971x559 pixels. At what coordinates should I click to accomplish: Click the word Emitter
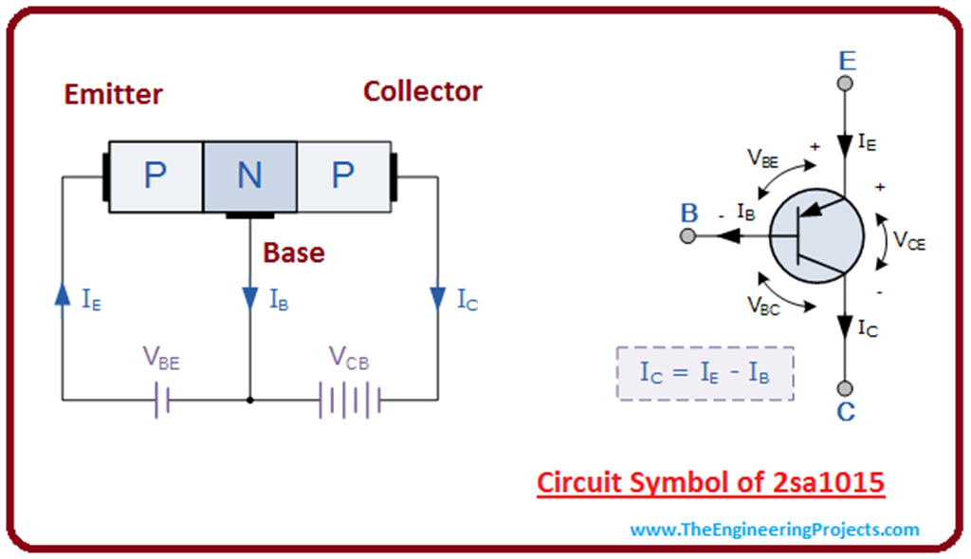[x=113, y=94]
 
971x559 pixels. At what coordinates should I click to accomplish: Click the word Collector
[x=422, y=91]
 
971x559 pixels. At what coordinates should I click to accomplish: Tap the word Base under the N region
[x=293, y=252]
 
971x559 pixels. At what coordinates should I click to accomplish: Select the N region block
[x=249, y=176]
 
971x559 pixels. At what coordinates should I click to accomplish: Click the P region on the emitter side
[x=155, y=176]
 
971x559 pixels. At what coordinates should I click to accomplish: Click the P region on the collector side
[x=343, y=176]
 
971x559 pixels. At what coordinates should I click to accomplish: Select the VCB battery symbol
[x=350, y=401]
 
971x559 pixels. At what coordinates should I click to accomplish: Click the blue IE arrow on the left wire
[x=63, y=293]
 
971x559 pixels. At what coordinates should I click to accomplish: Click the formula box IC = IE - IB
[x=705, y=373]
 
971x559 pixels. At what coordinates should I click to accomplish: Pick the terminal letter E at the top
[x=847, y=62]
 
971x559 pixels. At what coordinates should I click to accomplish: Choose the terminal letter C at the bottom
[x=846, y=412]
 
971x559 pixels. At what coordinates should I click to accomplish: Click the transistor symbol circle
[x=815, y=236]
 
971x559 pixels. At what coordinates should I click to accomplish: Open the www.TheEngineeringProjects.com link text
[x=774, y=530]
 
